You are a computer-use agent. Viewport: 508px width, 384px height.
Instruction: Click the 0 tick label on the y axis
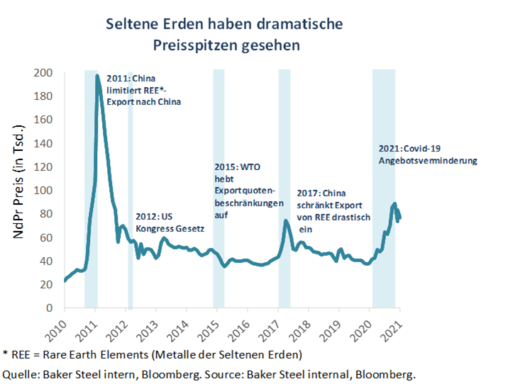click(49, 308)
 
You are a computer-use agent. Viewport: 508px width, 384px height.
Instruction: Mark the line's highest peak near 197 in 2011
click(97, 75)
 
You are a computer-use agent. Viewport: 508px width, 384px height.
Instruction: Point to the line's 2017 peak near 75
click(285, 220)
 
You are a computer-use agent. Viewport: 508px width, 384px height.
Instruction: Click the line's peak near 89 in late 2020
click(394, 204)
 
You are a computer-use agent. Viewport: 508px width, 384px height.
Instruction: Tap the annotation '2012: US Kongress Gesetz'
click(170, 223)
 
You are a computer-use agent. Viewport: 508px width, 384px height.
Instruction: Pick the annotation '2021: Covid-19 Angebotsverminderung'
click(426, 154)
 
